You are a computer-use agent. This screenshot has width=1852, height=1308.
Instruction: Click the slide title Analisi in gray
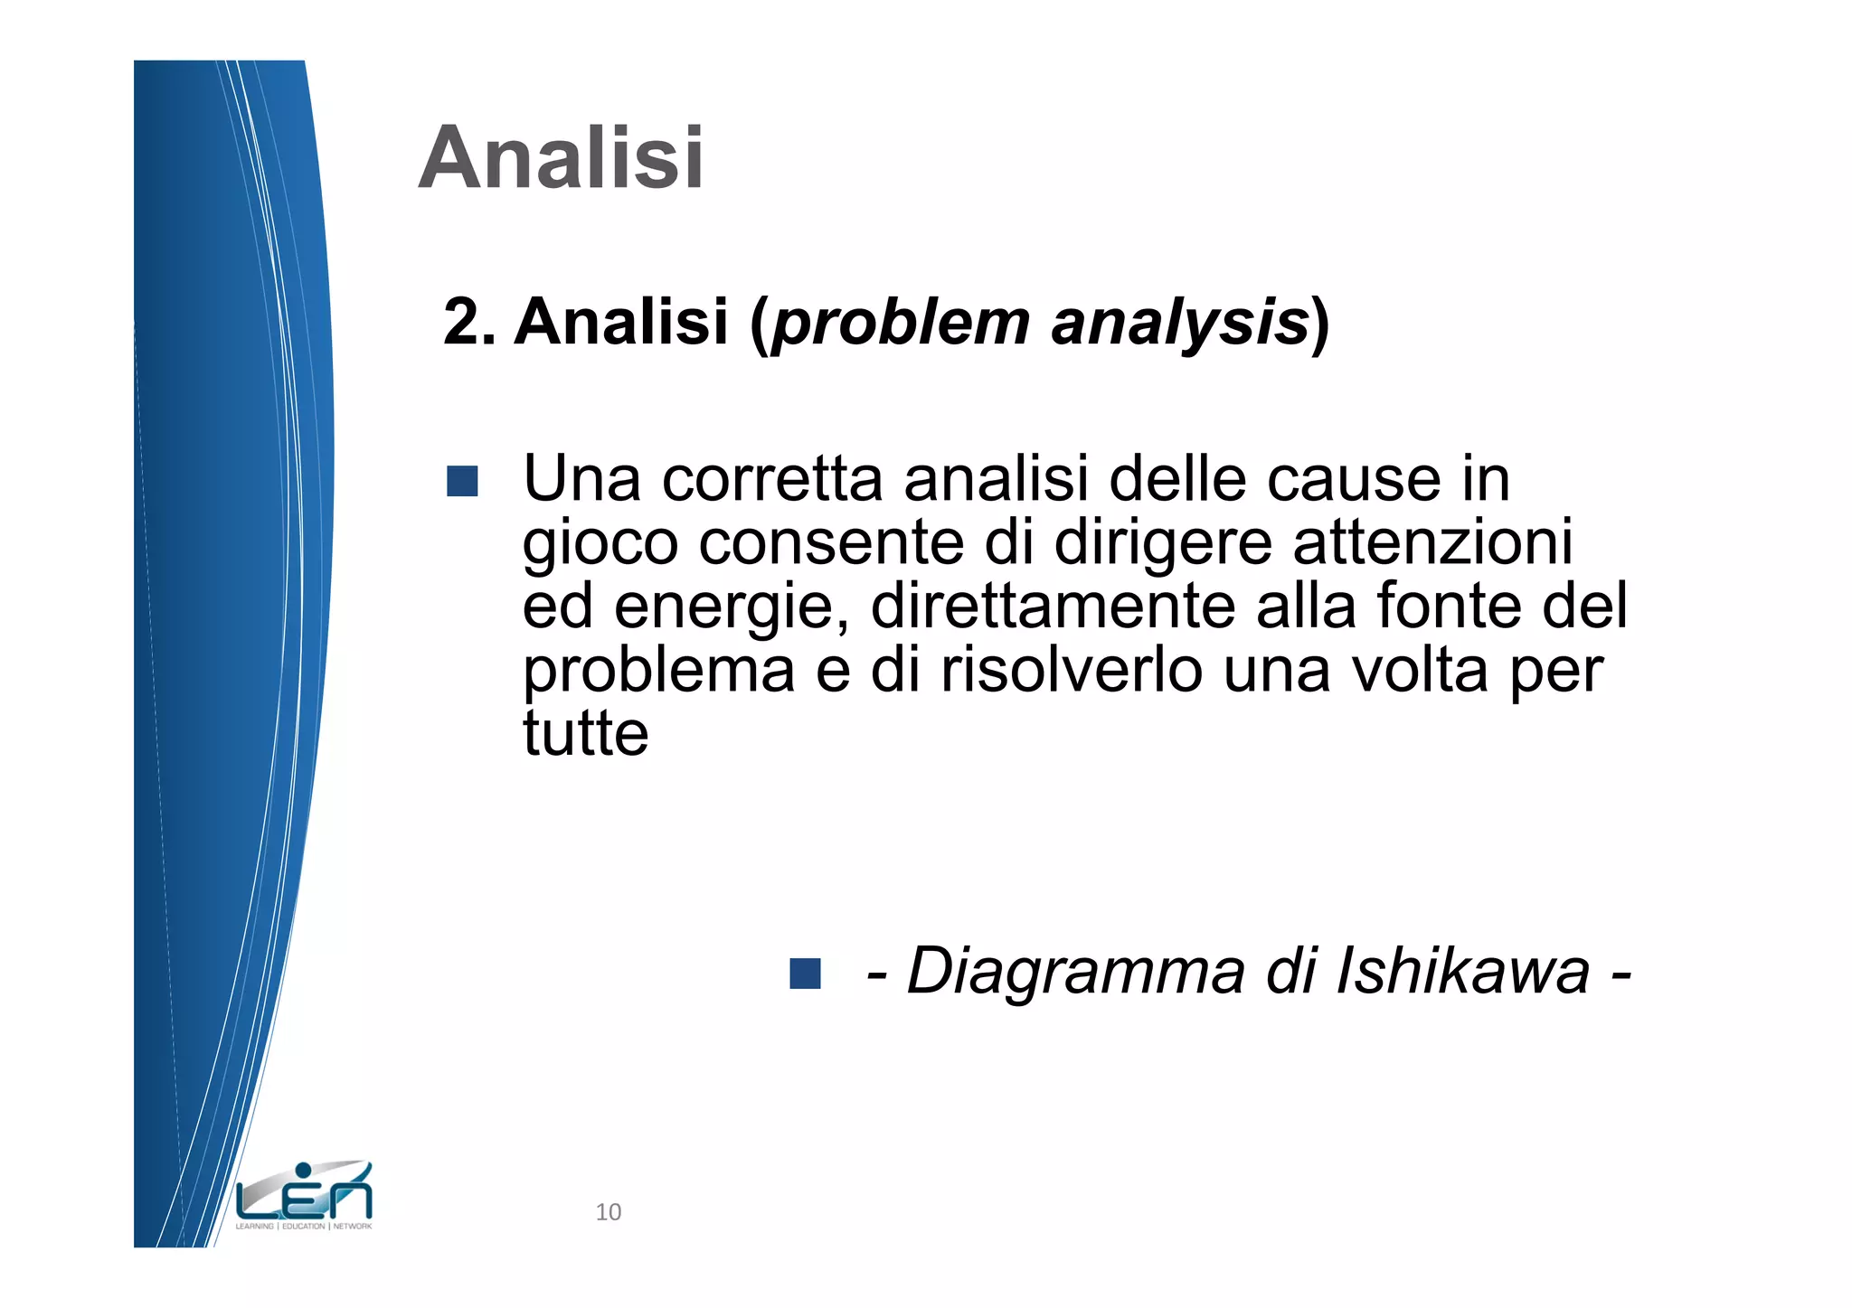point(561,158)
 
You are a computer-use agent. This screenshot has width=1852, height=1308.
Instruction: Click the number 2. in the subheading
point(469,322)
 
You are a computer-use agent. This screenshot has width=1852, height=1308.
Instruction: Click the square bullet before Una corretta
point(462,481)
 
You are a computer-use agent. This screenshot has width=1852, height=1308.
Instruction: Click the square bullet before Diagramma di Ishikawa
point(805,974)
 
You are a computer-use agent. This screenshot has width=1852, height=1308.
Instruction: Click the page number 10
point(609,1212)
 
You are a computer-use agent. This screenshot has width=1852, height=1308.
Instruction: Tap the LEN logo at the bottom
point(304,1196)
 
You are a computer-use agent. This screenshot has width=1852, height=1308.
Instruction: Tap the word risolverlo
point(1072,670)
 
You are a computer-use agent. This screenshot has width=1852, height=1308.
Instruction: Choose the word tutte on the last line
point(586,733)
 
